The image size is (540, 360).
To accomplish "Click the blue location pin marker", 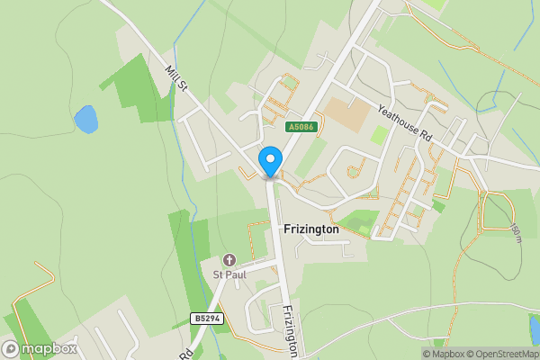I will click(x=270, y=162).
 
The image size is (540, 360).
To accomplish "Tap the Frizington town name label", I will click(x=310, y=229).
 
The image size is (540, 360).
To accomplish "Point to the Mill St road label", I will click(x=175, y=78).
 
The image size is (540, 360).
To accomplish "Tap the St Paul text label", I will click(x=229, y=274).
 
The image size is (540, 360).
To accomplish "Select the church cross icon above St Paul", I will click(x=229, y=260).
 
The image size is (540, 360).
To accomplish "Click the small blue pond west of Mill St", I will click(x=85, y=119).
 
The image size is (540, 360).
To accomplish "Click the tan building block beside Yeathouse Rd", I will click(x=346, y=112).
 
